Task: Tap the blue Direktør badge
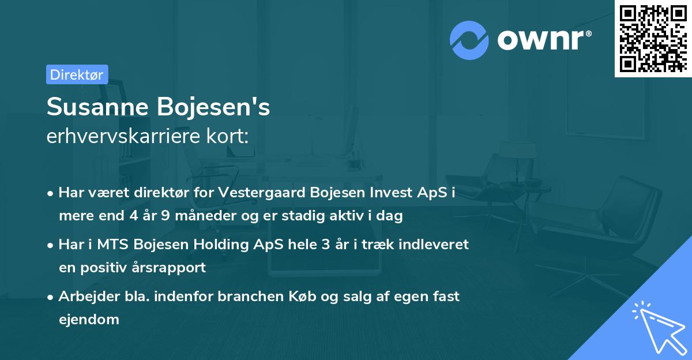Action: pos(77,74)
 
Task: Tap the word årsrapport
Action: pos(170,268)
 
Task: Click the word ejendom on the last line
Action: pos(89,319)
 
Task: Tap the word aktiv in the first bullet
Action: pos(341,216)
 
